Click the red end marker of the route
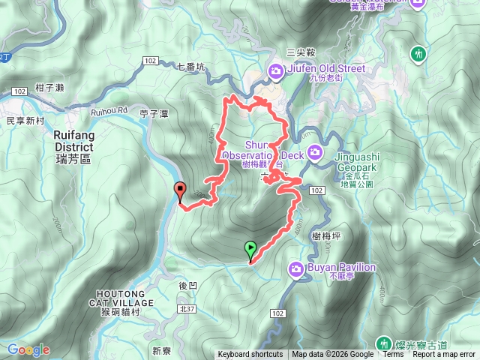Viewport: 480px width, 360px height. pyautogui.click(x=179, y=191)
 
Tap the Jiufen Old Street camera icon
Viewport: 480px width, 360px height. pyautogui.click(x=276, y=71)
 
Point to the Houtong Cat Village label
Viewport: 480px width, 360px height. pyautogui.click(x=124, y=297)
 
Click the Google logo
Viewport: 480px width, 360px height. pyautogui.click(x=28, y=349)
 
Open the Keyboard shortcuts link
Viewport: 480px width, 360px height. pyautogui.click(x=250, y=355)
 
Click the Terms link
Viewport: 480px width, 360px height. pyautogui.click(x=393, y=355)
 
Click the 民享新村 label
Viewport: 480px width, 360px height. pyautogui.click(x=21, y=120)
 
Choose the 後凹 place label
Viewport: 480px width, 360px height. pyautogui.click(x=188, y=286)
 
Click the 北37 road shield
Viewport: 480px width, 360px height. pyautogui.click(x=188, y=308)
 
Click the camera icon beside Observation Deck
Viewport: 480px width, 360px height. pyautogui.click(x=315, y=154)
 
